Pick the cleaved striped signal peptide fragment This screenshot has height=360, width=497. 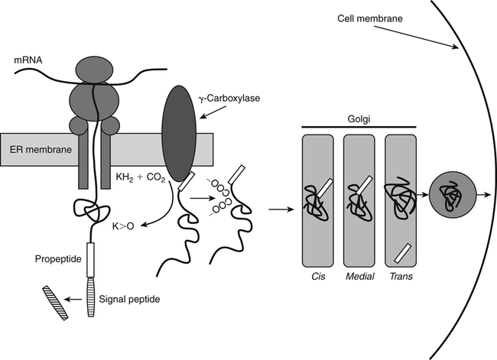[x=54, y=300]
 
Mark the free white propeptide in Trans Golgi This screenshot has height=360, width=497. [x=403, y=251]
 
